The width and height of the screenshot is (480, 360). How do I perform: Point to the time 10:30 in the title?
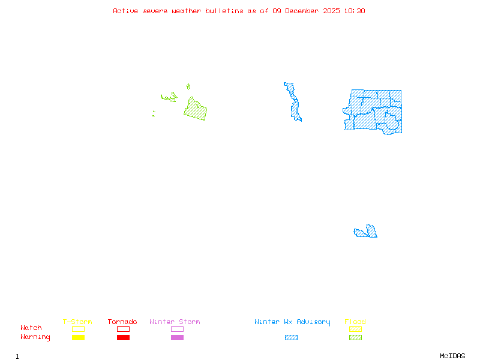pos(355,11)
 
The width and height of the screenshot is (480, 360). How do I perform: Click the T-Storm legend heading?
pos(77,322)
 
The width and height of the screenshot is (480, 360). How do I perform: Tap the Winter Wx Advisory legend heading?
pos(292,322)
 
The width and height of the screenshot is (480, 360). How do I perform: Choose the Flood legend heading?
pos(355,322)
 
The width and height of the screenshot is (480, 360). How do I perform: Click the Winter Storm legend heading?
pos(175,322)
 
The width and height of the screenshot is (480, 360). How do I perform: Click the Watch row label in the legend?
pos(31,328)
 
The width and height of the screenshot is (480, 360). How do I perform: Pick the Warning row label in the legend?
pos(35,337)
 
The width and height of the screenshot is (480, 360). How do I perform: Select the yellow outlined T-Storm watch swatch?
pos(78,329)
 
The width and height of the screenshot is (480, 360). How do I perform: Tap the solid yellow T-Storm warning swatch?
pos(78,338)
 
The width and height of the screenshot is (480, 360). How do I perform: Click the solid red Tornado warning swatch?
pos(123,338)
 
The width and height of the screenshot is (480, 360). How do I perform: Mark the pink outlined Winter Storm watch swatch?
pos(177,329)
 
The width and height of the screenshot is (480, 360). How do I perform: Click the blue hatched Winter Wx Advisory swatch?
pos(291,338)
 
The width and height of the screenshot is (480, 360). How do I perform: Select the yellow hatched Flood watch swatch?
pos(355,329)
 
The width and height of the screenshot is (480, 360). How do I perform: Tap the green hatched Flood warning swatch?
pos(355,338)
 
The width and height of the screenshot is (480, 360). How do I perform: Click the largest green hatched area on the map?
pos(196,110)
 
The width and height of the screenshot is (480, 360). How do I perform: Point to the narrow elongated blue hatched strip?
pos(294,102)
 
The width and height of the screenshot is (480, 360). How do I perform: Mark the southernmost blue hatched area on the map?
pos(367,232)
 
